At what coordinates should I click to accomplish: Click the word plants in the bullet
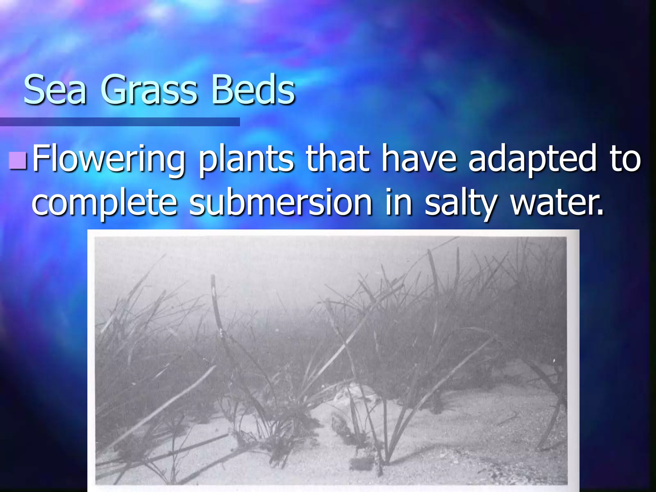pyautogui.click(x=246, y=159)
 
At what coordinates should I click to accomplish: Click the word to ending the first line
pyautogui.click(x=626, y=159)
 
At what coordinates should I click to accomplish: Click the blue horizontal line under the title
pyautogui.click(x=119, y=122)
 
